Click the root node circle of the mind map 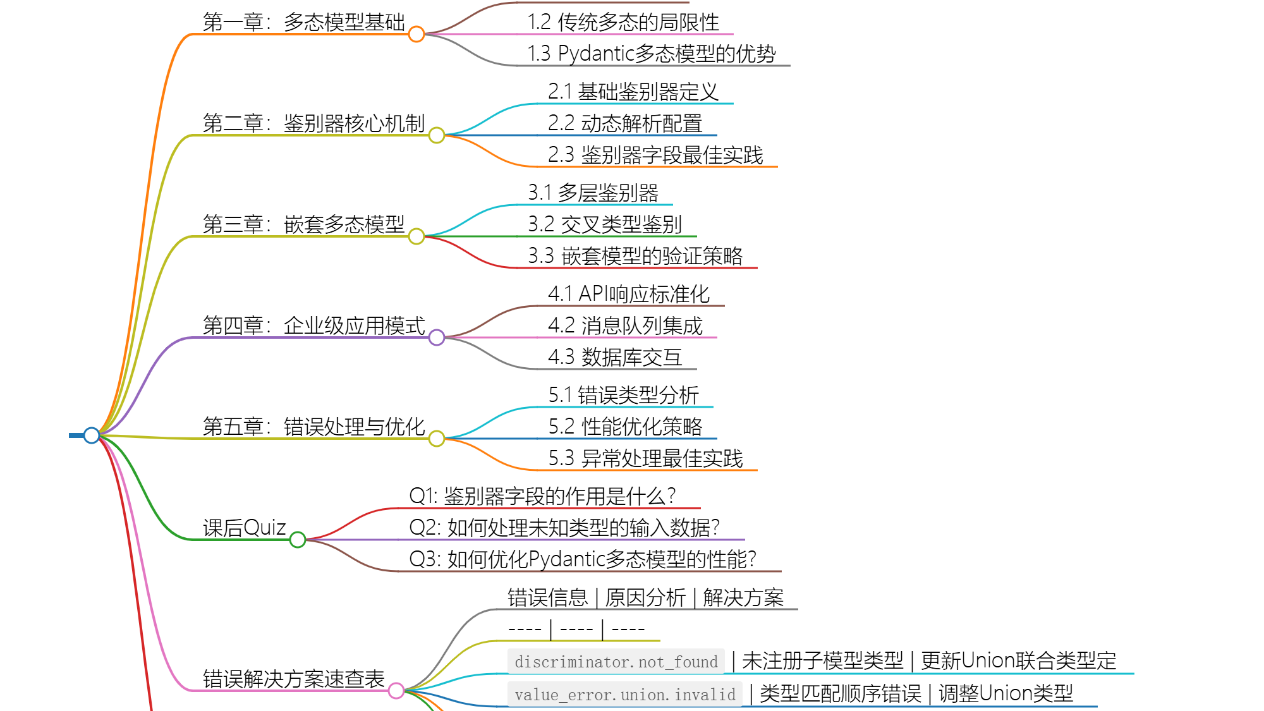click(x=92, y=435)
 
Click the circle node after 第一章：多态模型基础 click(x=416, y=34)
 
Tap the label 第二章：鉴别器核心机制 click(x=313, y=123)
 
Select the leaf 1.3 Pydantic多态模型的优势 click(x=651, y=54)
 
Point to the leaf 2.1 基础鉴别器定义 click(x=633, y=92)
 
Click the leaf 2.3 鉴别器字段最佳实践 click(x=655, y=155)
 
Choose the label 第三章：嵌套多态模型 click(x=303, y=224)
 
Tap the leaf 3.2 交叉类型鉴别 click(x=605, y=224)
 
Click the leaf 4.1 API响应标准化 click(x=629, y=294)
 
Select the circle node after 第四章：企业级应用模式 click(x=437, y=337)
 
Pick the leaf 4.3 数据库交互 click(x=615, y=357)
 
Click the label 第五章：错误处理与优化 click(x=313, y=427)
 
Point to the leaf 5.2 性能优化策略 click(x=625, y=427)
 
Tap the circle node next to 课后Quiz click(x=298, y=540)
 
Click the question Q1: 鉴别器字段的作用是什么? click(x=542, y=496)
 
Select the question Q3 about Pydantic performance click(x=582, y=559)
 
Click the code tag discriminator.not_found click(x=616, y=662)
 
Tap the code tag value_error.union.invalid click(x=625, y=695)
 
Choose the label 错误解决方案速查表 click(x=293, y=679)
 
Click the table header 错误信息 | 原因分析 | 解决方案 click(x=645, y=597)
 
